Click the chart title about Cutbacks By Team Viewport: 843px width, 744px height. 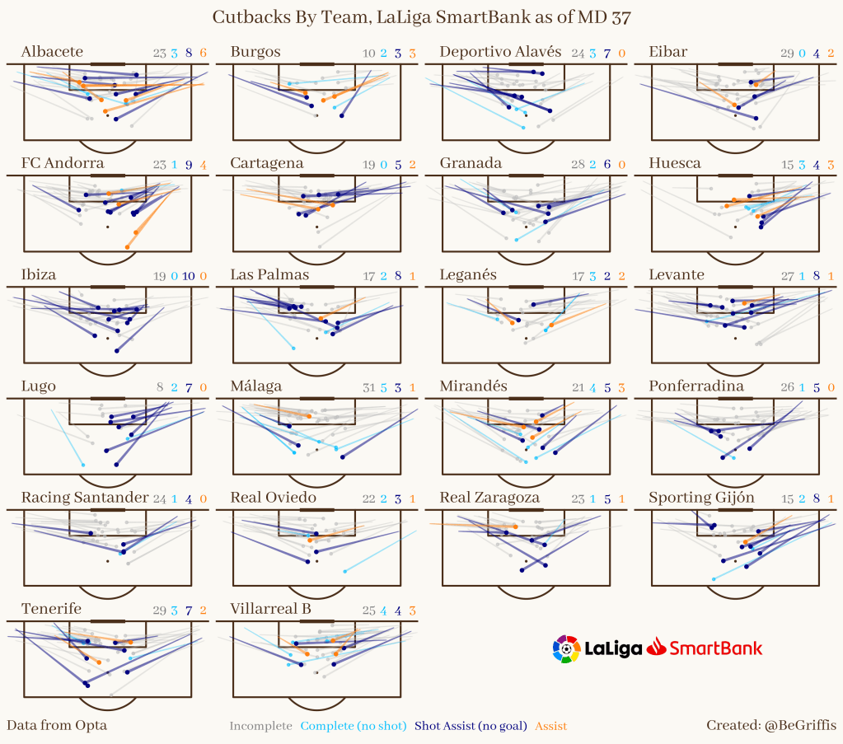[x=421, y=17]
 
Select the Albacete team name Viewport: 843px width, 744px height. [x=52, y=52]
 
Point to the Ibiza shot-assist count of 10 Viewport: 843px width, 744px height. [x=187, y=276]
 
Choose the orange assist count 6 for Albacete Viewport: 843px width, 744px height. [x=203, y=54]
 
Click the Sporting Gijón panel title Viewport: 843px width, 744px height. [x=701, y=498]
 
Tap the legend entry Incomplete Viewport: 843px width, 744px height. [x=260, y=726]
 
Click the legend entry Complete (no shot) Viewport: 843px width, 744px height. [x=354, y=726]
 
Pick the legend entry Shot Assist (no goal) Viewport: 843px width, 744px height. [x=471, y=726]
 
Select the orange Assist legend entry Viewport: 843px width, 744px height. [x=550, y=726]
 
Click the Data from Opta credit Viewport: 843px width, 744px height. [x=57, y=725]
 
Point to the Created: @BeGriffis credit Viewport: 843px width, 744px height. [x=770, y=725]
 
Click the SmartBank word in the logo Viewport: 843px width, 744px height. [x=714, y=648]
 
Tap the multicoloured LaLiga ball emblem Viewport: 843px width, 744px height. [x=566, y=648]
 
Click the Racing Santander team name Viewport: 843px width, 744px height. [x=84, y=498]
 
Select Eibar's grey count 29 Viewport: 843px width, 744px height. [x=787, y=54]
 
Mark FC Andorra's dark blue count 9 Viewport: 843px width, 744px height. [x=189, y=165]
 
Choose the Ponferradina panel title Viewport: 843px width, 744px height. [x=696, y=386]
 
